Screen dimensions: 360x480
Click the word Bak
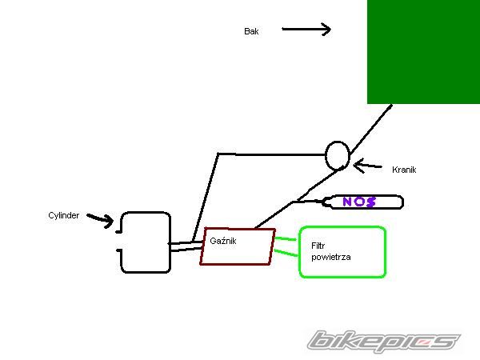click(251, 31)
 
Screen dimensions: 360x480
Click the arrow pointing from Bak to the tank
click(306, 30)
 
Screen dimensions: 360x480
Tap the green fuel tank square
click(423, 51)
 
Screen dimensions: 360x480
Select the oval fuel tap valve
click(338, 155)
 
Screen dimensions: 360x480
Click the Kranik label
click(404, 170)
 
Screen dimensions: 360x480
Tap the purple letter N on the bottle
click(347, 202)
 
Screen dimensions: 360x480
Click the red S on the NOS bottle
click(371, 202)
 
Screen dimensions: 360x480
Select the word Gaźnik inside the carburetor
click(222, 240)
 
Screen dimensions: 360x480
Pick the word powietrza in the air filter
click(331, 257)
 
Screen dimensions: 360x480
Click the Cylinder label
click(64, 215)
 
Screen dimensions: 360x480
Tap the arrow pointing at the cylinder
click(99, 218)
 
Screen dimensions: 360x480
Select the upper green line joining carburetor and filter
click(286, 238)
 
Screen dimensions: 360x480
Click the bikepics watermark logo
click(385, 342)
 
